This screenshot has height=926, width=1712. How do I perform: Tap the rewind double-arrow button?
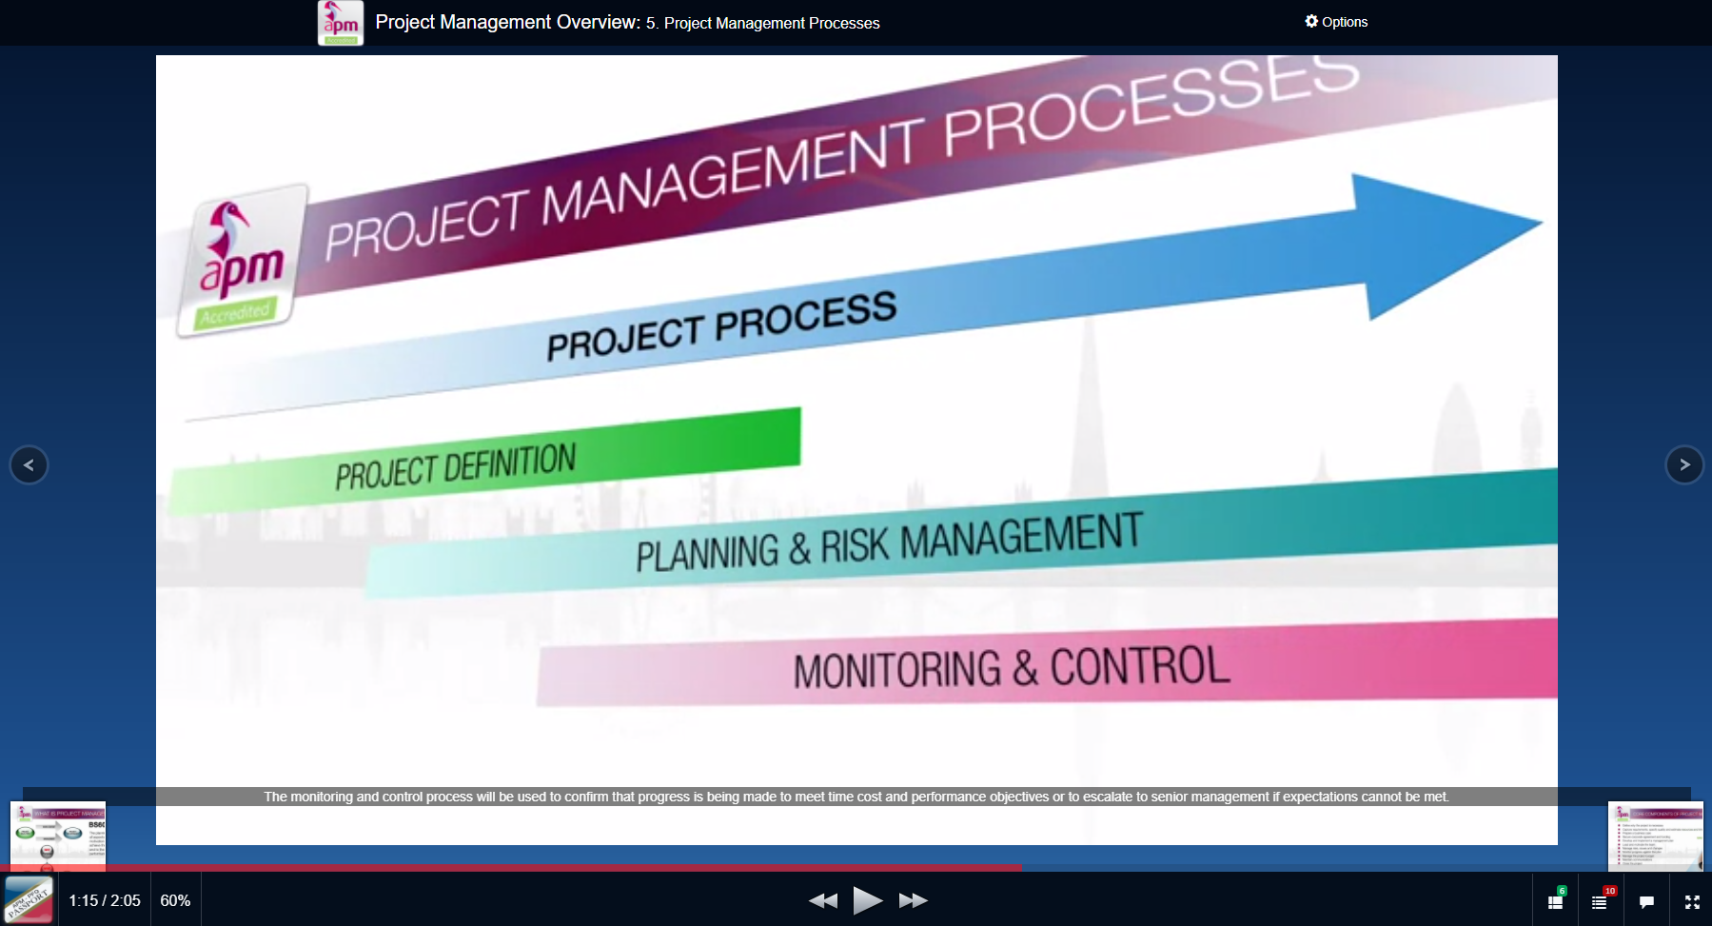pyautogui.click(x=823, y=900)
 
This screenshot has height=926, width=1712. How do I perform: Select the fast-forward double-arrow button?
pyautogui.click(x=913, y=900)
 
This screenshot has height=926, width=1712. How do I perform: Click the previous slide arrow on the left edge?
pyautogui.click(x=29, y=464)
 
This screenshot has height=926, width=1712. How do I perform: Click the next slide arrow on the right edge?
pyautogui.click(x=1683, y=464)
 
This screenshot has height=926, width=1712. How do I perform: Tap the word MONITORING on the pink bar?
pyautogui.click(x=897, y=669)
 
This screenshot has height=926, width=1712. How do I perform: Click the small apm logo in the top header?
pyautogui.click(x=340, y=23)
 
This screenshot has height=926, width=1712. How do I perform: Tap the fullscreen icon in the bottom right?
pyautogui.click(x=1692, y=901)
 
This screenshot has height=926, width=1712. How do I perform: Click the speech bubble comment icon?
pyautogui.click(x=1646, y=901)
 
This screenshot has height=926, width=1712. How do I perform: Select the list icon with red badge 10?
pyautogui.click(x=1600, y=901)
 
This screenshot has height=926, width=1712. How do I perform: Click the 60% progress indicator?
pyautogui.click(x=175, y=900)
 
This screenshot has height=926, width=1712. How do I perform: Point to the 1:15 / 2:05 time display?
pyautogui.click(x=104, y=900)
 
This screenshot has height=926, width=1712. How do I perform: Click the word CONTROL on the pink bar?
pyautogui.click(x=1139, y=666)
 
